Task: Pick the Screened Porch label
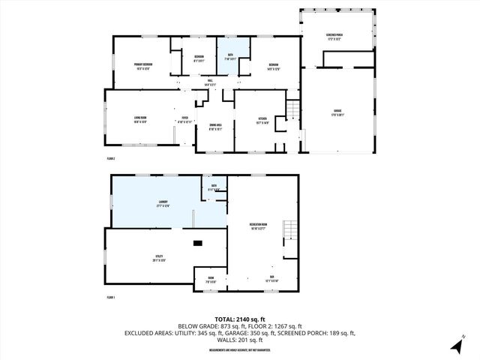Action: (x=335, y=37)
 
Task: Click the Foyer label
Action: (x=184, y=118)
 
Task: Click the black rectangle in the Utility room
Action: (x=197, y=243)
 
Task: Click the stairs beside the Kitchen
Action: (x=294, y=111)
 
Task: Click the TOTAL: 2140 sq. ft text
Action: (x=239, y=318)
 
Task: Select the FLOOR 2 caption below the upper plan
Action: (x=111, y=159)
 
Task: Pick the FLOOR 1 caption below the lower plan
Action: (x=111, y=298)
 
